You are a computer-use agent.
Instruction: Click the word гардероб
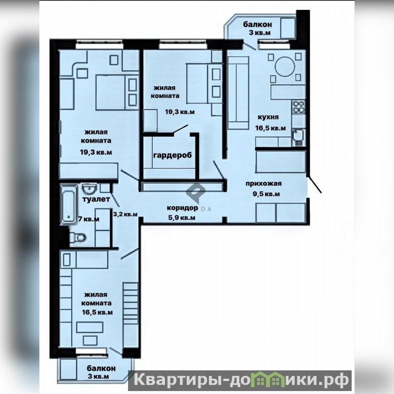[x=172, y=155]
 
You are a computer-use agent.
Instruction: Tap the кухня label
[x=268, y=117]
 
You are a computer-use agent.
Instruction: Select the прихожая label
[x=263, y=183]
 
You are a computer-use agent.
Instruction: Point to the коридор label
[x=182, y=208]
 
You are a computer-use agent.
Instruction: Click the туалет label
[x=96, y=199]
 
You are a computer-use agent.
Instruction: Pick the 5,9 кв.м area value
[x=182, y=218]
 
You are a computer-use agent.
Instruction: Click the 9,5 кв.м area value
[x=266, y=194]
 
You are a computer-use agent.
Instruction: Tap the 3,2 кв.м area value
[x=125, y=214]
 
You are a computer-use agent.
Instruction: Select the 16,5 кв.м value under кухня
[x=270, y=128]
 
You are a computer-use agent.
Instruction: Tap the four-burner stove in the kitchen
[x=298, y=106]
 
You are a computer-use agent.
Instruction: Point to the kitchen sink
[x=298, y=137]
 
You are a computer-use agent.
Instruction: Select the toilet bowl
[x=78, y=237]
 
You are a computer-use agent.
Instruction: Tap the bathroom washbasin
[x=90, y=189]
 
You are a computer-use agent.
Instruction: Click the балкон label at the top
[x=257, y=24]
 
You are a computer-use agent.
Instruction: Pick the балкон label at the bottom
[x=101, y=368]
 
